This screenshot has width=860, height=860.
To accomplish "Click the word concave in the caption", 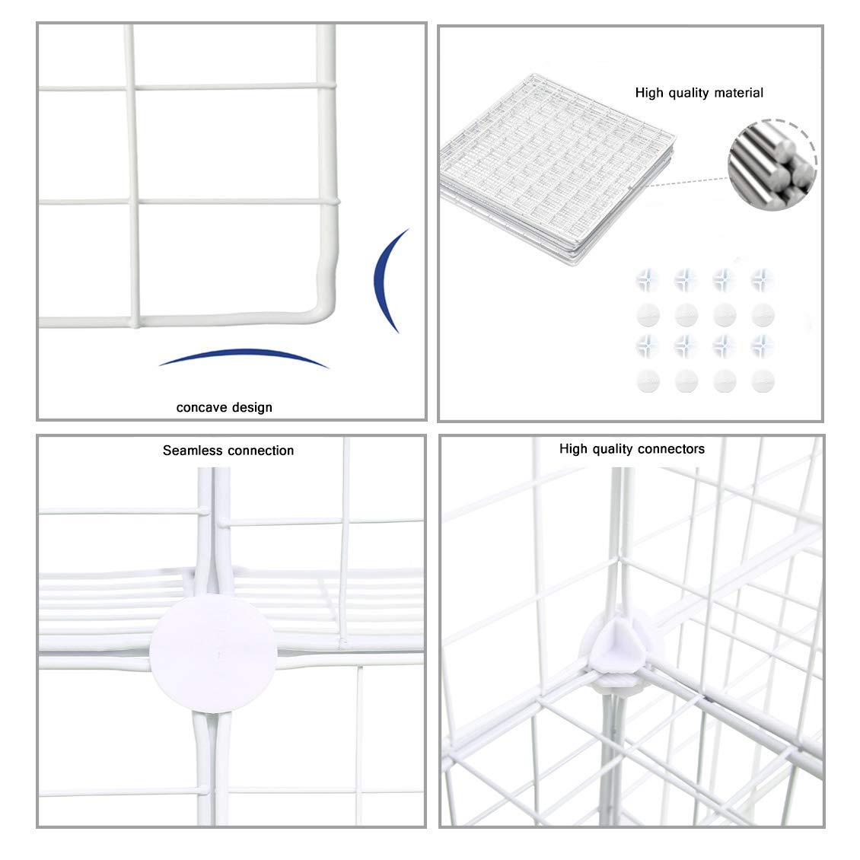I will tap(201, 408).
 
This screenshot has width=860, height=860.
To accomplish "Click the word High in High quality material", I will tap(650, 93).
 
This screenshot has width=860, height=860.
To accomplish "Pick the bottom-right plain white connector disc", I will tap(762, 381).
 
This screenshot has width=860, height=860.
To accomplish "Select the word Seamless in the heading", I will tap(192, 451).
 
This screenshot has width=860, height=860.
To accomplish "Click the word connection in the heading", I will tap(260, 451).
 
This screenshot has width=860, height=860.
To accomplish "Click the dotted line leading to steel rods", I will tap(685, 181).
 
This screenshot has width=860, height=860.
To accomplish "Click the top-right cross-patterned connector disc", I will tap(762, 280).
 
